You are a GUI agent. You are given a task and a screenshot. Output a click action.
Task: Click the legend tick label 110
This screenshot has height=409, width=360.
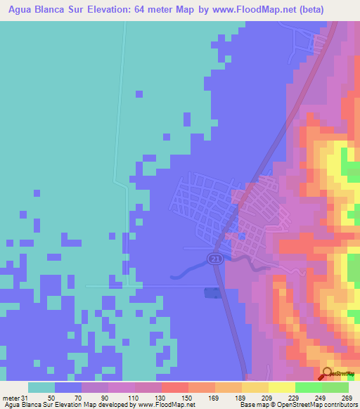click(x=133, y=398)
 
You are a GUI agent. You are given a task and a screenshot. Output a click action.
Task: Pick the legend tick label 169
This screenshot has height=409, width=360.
click(x=214, y=398)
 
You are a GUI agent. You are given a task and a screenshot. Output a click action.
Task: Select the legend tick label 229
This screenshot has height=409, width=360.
click(x=295, y=398)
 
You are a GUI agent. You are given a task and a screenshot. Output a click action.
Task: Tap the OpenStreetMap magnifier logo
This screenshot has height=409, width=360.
click(x=328, y=375)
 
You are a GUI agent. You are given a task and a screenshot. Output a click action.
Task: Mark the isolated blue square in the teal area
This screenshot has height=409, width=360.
click(x=139, y=93)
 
